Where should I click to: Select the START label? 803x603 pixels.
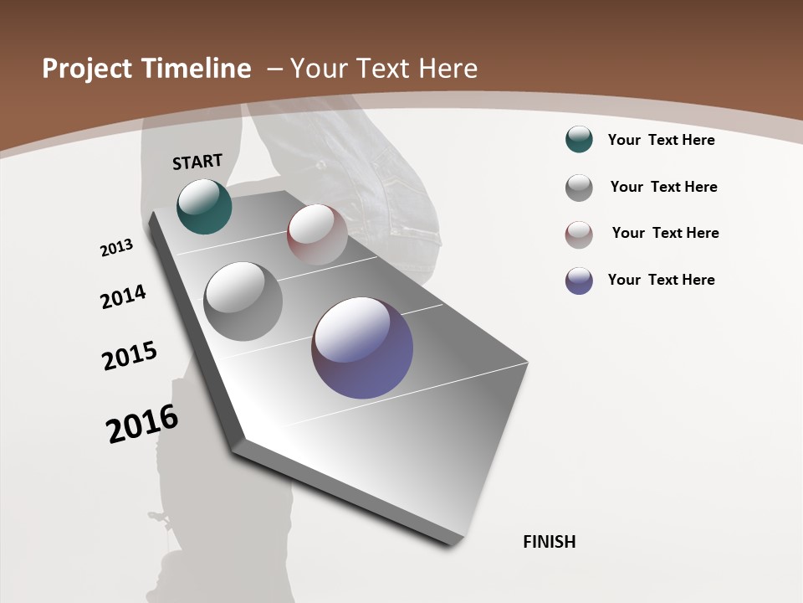point(197,162)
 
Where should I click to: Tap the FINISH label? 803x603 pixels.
point(550,542)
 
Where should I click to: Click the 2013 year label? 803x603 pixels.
point(116,248)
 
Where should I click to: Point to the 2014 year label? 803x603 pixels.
point(123,297)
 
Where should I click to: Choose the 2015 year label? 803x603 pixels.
point(130,356)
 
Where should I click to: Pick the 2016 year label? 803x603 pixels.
point(142,424)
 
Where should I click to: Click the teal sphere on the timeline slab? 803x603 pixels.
point(204,206)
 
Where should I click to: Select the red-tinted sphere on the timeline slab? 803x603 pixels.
point(317,234)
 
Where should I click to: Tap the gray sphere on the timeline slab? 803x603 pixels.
point(243,301)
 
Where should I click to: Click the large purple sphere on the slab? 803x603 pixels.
point(362,348)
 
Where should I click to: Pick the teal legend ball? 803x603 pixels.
point(579,140)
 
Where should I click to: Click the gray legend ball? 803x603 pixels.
point(579,188)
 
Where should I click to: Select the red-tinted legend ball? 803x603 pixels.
point(579,234)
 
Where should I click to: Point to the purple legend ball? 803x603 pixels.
point(579,281)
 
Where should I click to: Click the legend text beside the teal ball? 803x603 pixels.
point(662,140)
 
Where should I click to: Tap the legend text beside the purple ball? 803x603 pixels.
point(662,280)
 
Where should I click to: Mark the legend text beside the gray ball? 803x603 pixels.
point(664,187)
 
